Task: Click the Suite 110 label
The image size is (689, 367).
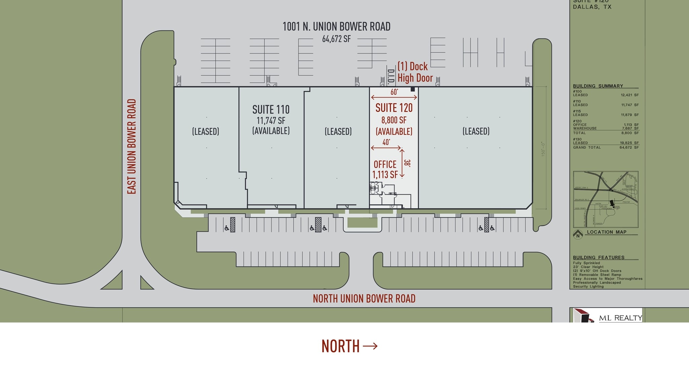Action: pos(271,110)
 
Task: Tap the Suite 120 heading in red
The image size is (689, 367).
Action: pos(394,108)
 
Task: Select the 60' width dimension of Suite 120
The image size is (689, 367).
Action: pos(394,92)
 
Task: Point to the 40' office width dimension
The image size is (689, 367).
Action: pos(386,142)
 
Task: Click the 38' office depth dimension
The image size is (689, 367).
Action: pos(407,163)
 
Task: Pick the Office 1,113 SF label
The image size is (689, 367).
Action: pos(385,169)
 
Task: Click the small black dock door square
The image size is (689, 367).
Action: pos(412,89)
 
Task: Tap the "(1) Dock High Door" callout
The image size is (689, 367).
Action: pos(415,72)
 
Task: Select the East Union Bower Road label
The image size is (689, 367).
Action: pos(132,147)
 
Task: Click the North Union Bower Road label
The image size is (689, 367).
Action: pos(364,298)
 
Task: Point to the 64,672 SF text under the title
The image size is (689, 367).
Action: pos(336,39)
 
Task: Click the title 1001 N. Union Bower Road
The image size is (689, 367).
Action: pos(336,27)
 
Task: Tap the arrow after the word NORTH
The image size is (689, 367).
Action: pos(370,346)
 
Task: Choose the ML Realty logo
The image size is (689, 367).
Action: pos(607,316)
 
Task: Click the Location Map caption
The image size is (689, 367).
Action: pos(607,232)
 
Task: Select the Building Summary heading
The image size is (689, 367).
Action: pos(598,86)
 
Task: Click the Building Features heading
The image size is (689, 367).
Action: pos(599,257)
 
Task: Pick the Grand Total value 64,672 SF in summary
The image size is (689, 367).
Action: pos(629,148)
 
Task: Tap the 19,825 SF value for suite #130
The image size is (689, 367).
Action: pos(629,143)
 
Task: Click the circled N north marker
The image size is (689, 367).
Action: pos(578,235)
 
